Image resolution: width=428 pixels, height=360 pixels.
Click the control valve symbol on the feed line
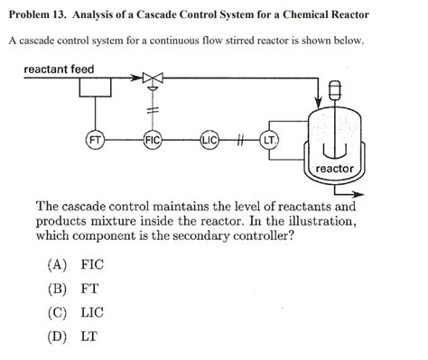tap(154, 80)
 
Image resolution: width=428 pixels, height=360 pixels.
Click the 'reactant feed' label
tap(59, 69)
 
